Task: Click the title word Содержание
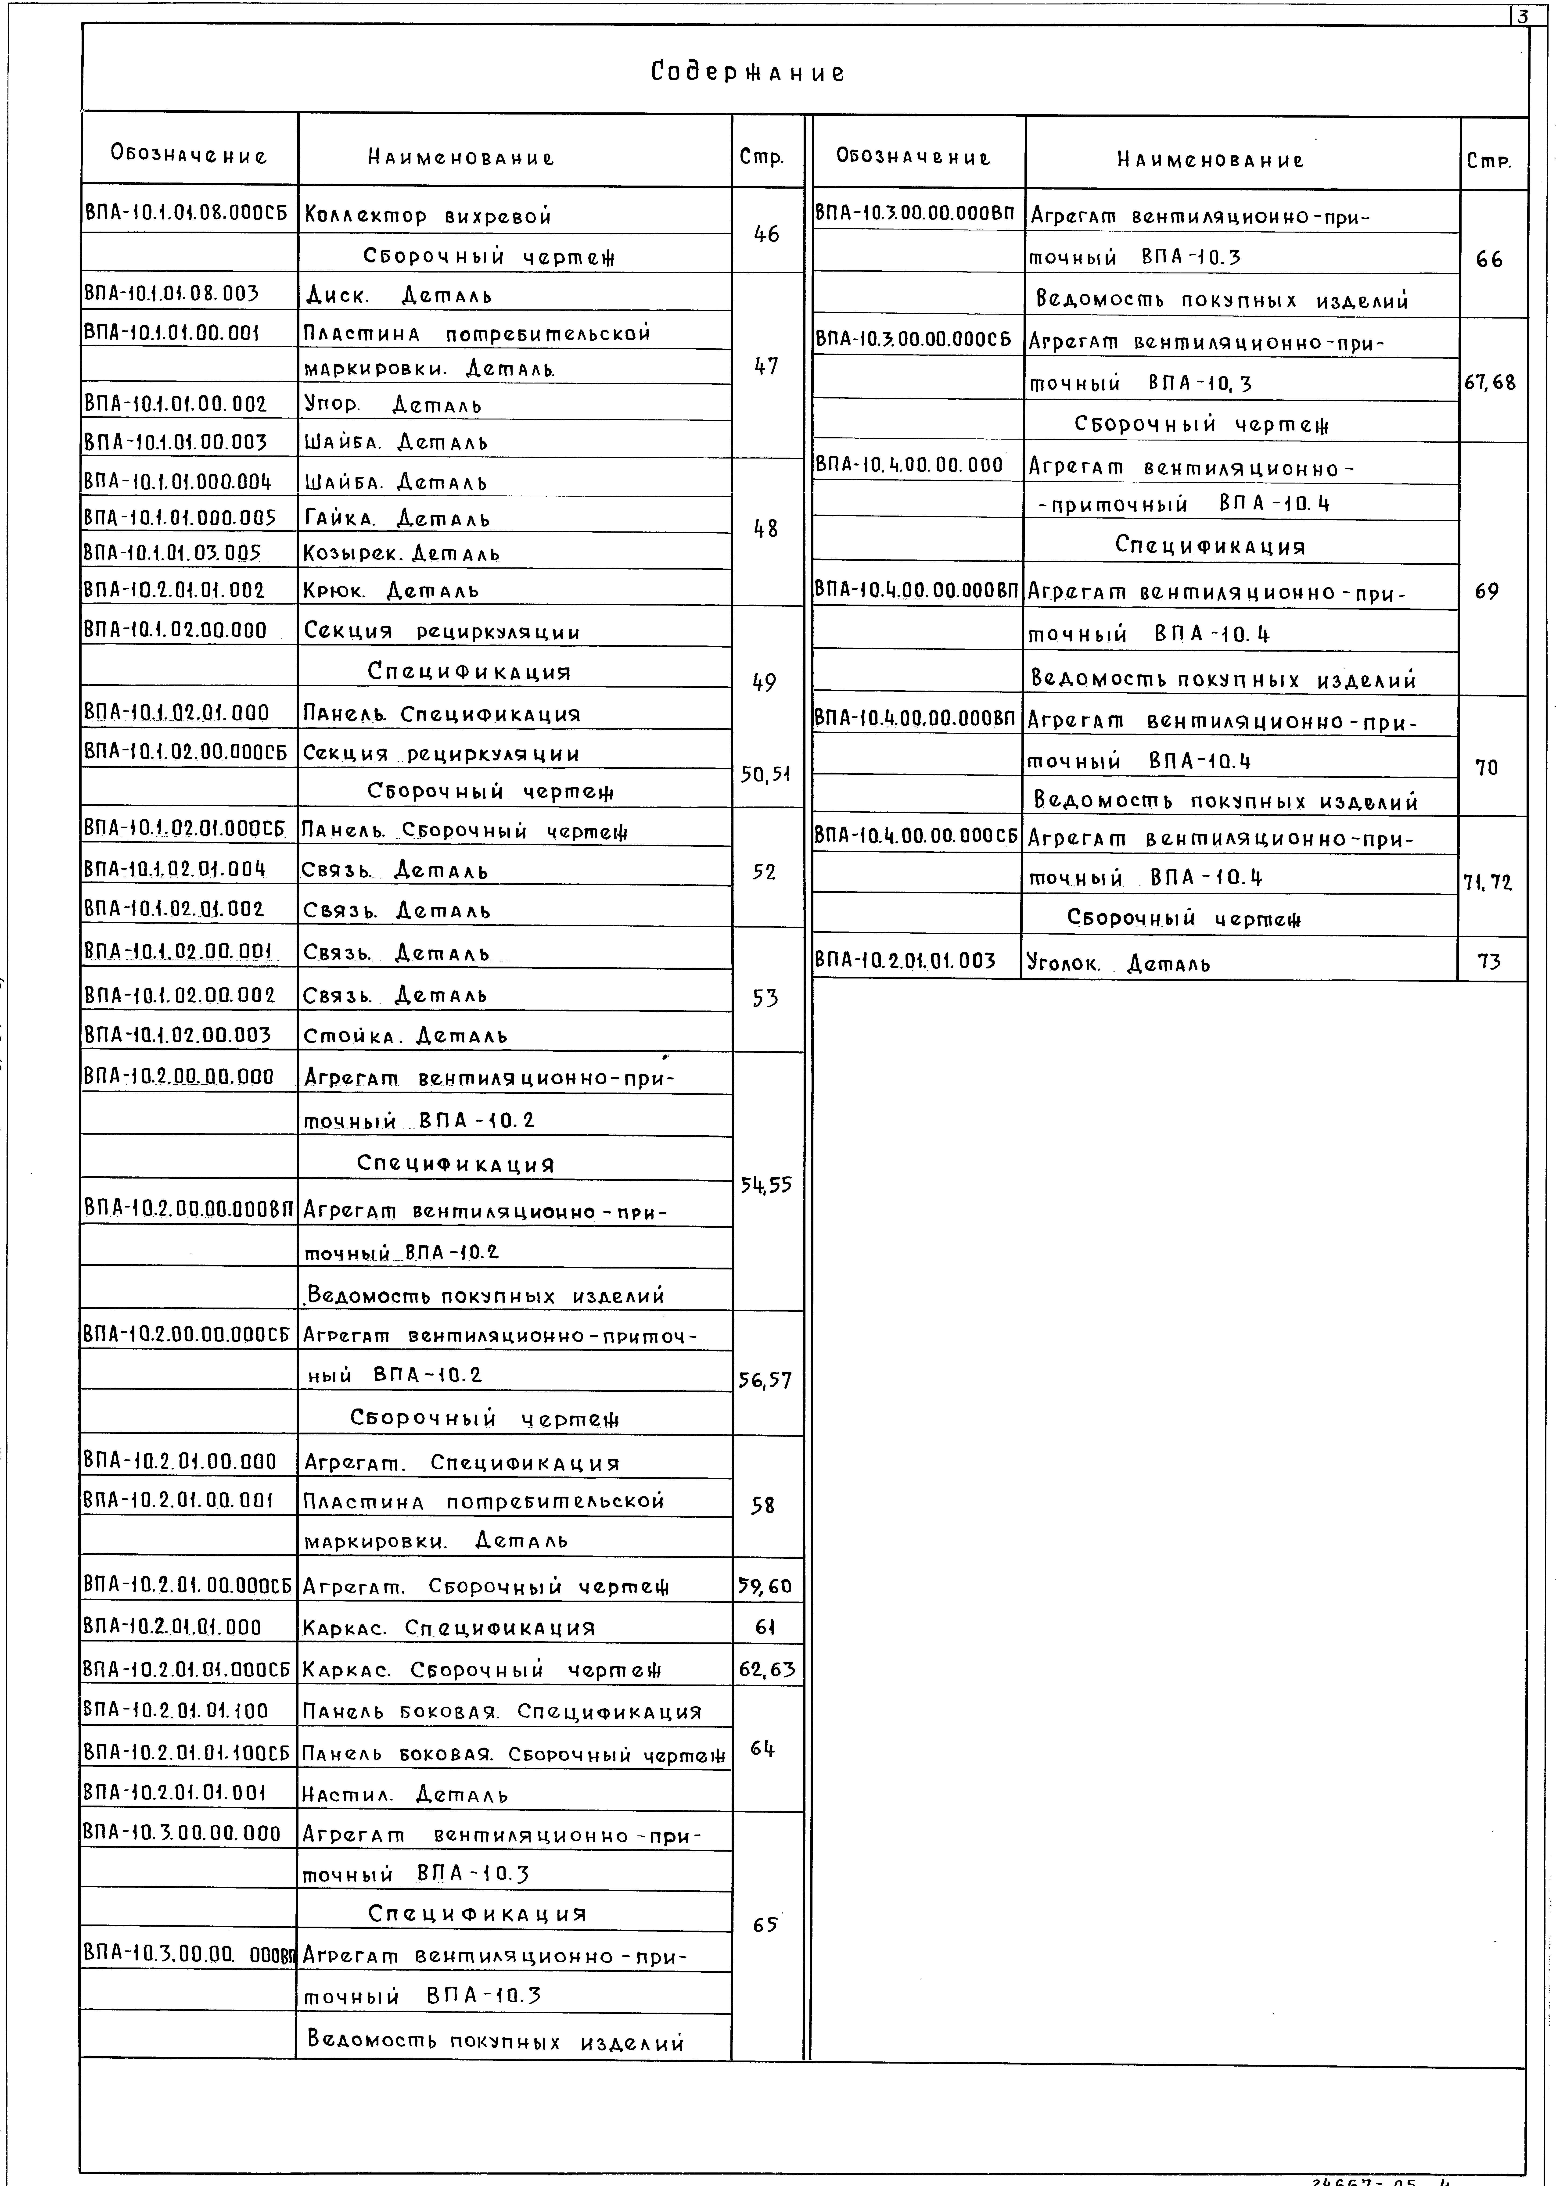tap(748, 73)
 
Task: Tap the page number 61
tap(765, 1627)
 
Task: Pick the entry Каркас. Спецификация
tap(448, 1627)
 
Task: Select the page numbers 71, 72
tap(1487, 882)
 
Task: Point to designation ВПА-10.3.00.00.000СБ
tap(913, 339)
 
